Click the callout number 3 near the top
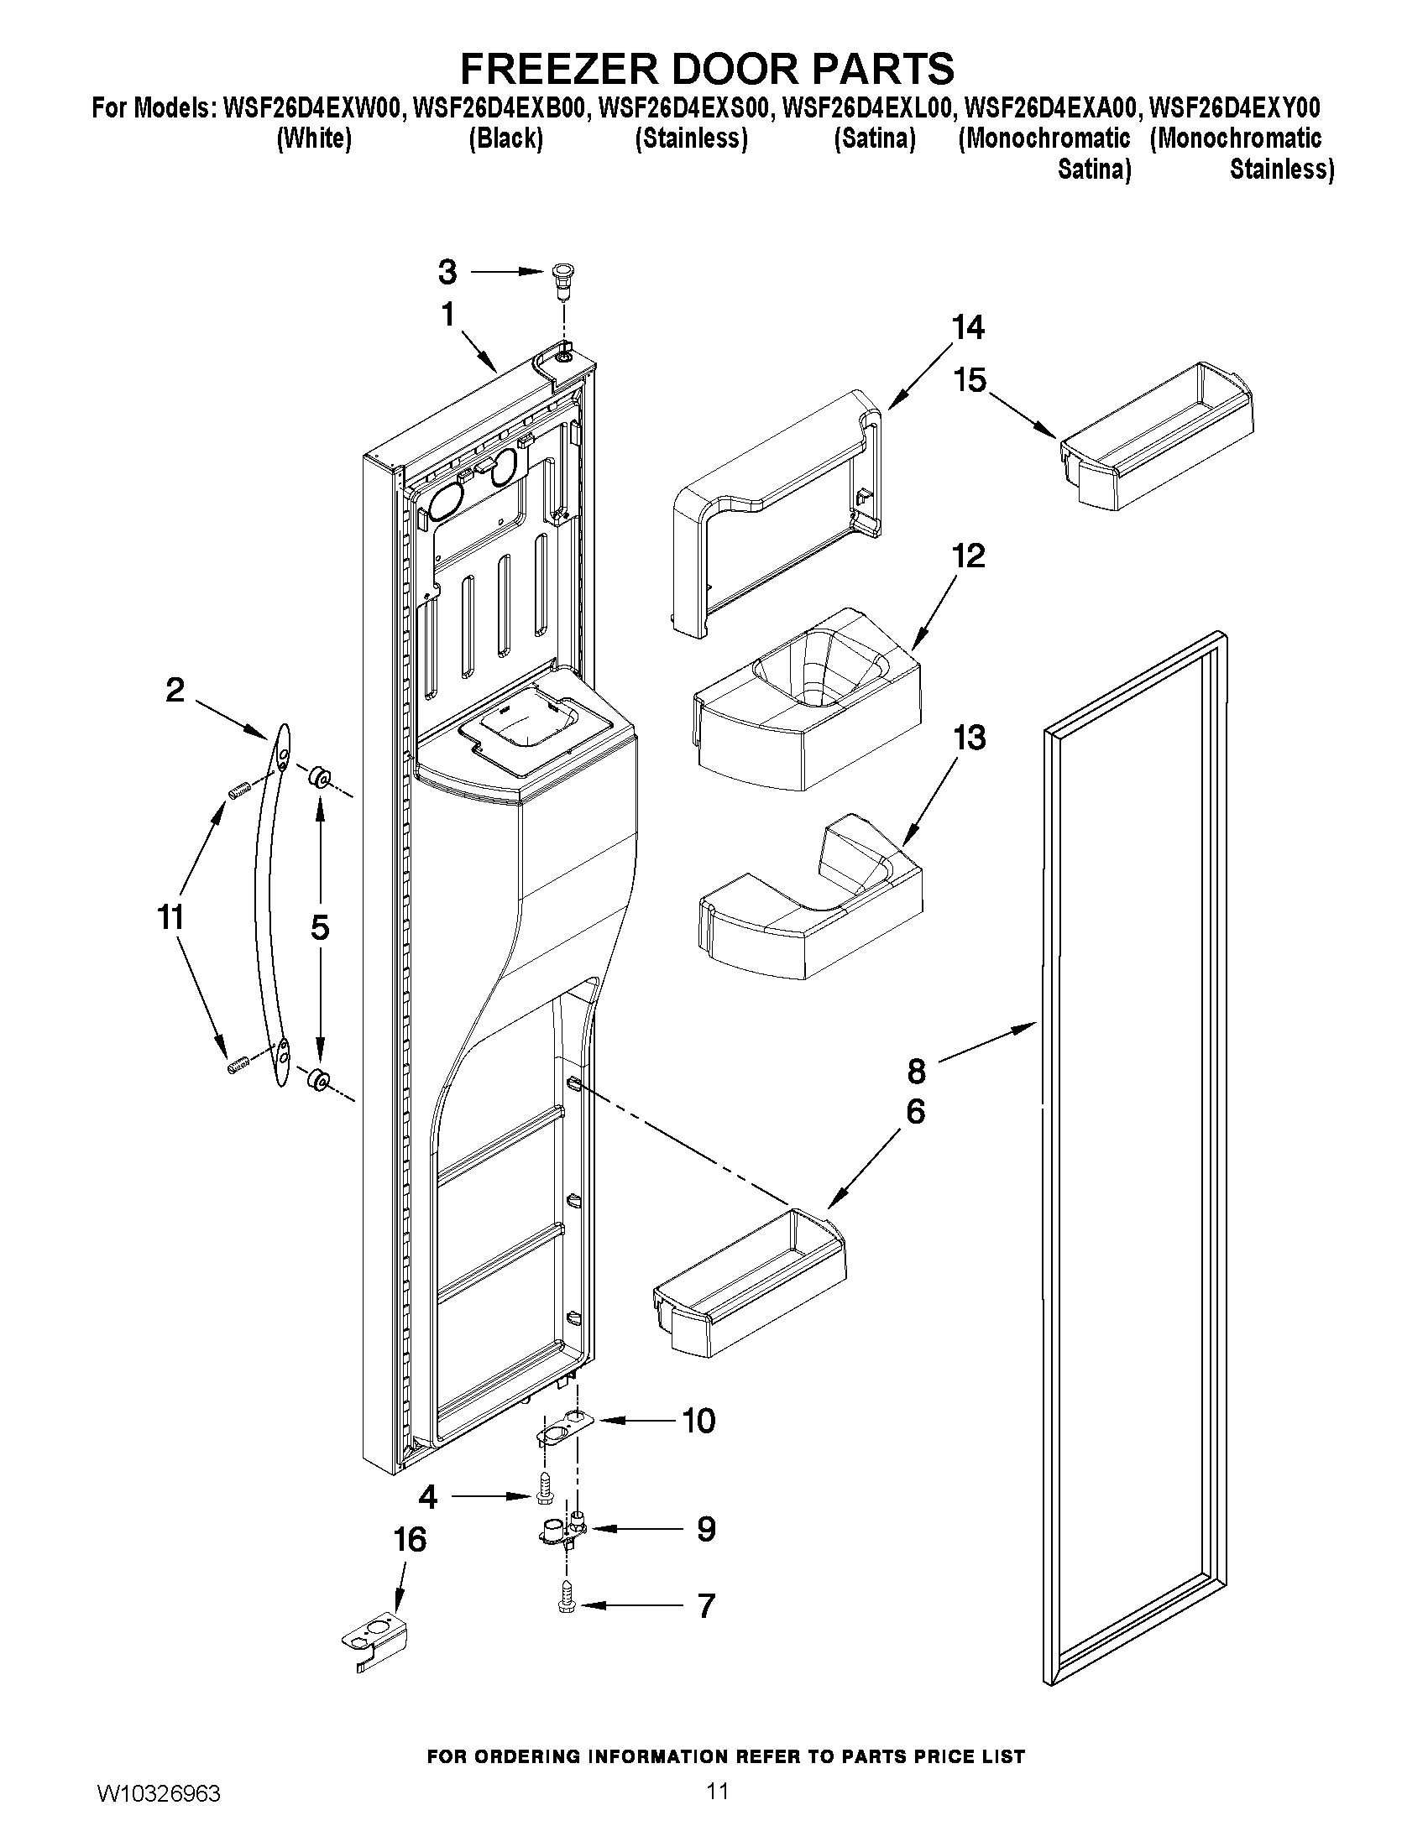(x=447, y=273)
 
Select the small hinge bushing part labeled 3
(x=560, y=279)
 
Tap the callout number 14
(x=968, y=327)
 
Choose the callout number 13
(x=970, y=738)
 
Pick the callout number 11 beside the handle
(x=172, y=916)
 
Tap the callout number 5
(x=320, y=928)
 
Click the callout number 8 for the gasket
(x=917, y=1072)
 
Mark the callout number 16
(x=410, y=1540)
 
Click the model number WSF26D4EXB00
(x=500, y=108)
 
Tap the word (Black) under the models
(x=506, y=138)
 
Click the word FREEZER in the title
(x=558, y=68)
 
